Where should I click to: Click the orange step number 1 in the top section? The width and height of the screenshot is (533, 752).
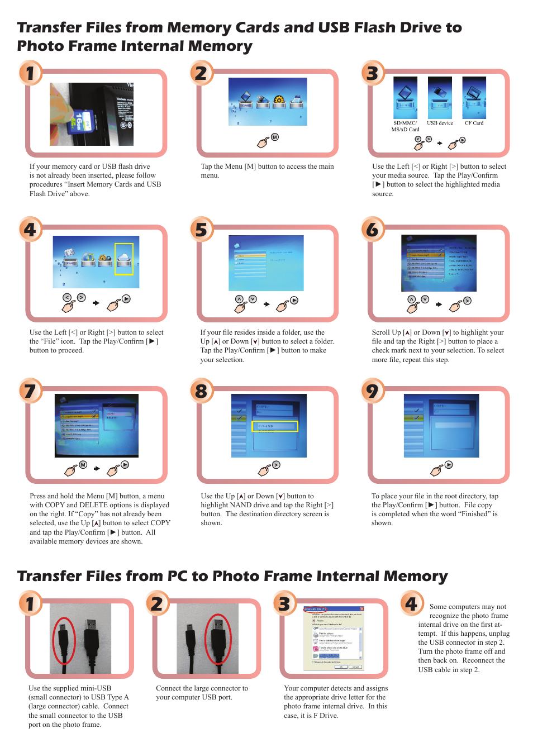[30, 73]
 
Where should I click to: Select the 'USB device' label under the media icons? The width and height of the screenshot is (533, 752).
[440, 123]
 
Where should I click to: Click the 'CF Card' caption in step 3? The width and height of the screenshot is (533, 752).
[474, 123]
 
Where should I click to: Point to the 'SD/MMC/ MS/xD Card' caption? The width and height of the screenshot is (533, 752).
[405, 126]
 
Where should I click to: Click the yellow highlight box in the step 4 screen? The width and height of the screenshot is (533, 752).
[124, 259]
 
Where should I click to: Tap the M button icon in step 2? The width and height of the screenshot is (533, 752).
[275, 137]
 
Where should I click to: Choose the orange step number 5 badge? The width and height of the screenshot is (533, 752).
[201, 229]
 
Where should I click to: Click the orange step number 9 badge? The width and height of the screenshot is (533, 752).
[372, 391]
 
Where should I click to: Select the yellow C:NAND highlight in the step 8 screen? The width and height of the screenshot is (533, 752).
[275, 426]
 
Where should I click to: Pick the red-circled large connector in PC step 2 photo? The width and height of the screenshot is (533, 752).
[218, 639]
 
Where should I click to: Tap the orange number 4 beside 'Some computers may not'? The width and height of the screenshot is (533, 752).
[411, 603]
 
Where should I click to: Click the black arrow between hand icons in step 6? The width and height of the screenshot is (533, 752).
[439, 304]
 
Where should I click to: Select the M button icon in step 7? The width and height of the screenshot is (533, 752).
[83, 465]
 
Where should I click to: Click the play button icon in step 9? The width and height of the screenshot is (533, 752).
[449, 465]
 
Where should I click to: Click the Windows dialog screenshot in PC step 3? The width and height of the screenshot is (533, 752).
[334, 637]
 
